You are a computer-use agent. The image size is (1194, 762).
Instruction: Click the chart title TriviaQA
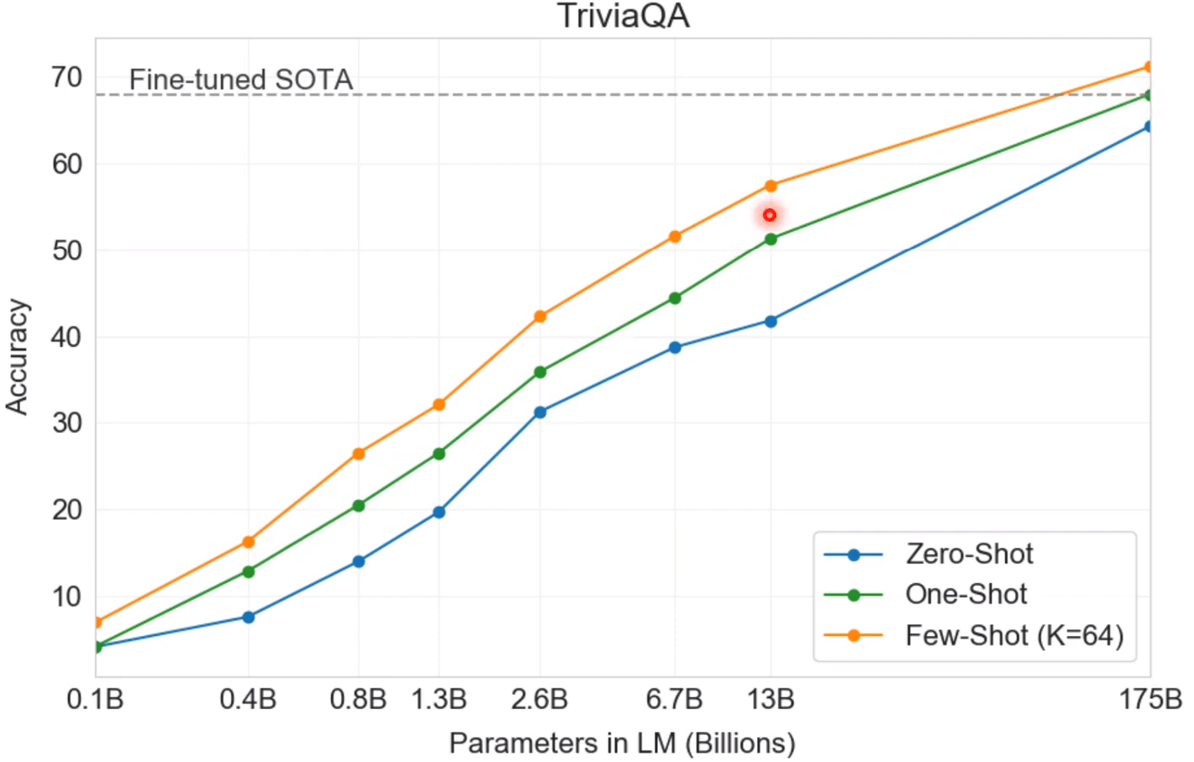click(x=623, y=17)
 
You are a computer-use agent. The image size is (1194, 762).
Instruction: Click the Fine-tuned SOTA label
click(x=240, y=80)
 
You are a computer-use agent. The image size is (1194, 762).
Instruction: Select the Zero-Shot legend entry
click(x=969, y=554)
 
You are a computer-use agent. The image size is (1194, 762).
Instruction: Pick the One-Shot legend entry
click(x=965, y=595)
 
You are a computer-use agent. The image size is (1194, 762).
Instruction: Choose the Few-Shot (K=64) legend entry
click(x=1013, y=635)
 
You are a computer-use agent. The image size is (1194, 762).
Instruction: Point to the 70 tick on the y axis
click(x=67, y=77)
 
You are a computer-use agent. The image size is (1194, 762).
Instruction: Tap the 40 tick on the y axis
click(x=67, y=337)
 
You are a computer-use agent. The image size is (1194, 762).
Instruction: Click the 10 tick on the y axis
click(x=67, y=597)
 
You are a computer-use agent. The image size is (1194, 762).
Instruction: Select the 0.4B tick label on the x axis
click(x=248, y=699)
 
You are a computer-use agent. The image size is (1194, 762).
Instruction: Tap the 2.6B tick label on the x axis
click(x=539, y=699)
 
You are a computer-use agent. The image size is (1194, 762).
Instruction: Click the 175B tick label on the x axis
click(x=1149, y=699)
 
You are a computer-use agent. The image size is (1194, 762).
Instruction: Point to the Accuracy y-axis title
click(x=18, y=357)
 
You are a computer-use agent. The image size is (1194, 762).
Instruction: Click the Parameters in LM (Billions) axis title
click(x=622, y=743)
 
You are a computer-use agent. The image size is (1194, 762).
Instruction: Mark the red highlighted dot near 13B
click(x=770, y=216)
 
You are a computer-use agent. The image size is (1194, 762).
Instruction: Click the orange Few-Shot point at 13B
click(x=771, y=186)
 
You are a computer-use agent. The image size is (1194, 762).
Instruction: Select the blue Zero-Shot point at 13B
click(x=771, y=321)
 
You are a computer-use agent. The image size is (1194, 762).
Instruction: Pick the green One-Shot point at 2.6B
click(x=539, y=372)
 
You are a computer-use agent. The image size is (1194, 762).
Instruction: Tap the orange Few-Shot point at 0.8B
click(x=359, y=454)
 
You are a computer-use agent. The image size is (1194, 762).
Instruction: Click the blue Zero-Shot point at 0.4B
click(x=248, y=617)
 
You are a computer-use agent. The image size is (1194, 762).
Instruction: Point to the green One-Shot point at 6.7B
click(x=674, y=298)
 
